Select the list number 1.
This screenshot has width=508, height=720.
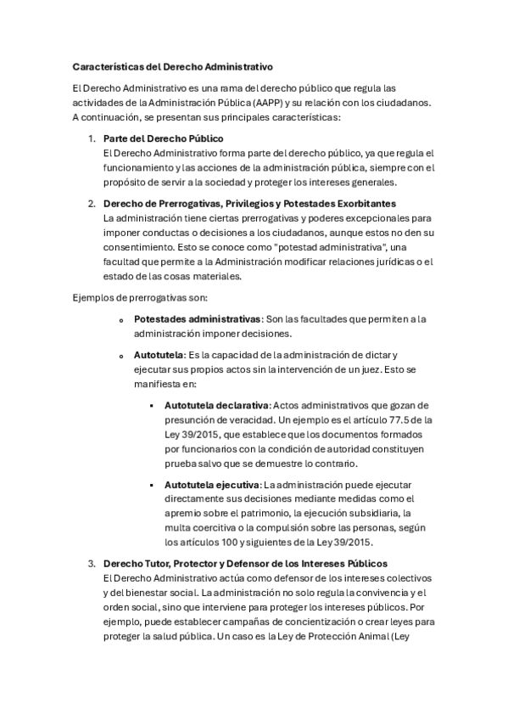(92, 138)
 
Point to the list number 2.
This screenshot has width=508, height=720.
(92, 204)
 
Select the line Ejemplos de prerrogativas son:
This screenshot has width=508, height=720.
(140, 296)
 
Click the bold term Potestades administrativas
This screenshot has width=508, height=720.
(198, 318)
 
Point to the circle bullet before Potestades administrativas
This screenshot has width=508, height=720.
(122, 319)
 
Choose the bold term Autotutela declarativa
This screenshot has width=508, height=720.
(216, 405)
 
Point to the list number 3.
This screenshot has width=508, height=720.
(92, 564)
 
